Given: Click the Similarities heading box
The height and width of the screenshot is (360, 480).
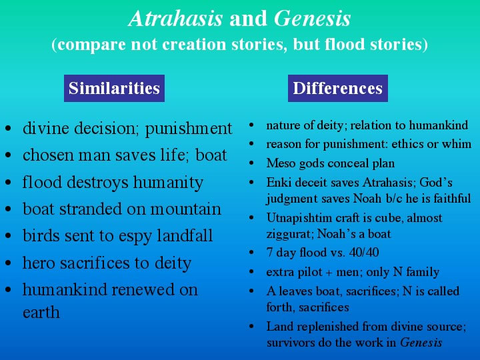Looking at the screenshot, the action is click(114, 88).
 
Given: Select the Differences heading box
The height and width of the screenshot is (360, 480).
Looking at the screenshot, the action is click(338, 88).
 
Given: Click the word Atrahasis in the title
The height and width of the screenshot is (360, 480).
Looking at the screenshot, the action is click(176, 19).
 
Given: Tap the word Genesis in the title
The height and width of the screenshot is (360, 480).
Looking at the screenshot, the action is click(312, 19).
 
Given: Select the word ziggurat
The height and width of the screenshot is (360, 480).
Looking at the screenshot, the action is click(289, 235).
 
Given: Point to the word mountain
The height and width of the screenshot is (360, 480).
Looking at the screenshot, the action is click(185, 209).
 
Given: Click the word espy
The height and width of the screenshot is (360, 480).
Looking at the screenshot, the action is click(135, 237).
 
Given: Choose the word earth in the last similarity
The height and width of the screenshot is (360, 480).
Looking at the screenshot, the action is click(41, 312).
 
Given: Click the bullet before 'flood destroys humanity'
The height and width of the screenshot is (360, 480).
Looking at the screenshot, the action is click(8, 182).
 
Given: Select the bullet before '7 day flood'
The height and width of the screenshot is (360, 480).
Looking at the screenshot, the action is click(251, 253).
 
